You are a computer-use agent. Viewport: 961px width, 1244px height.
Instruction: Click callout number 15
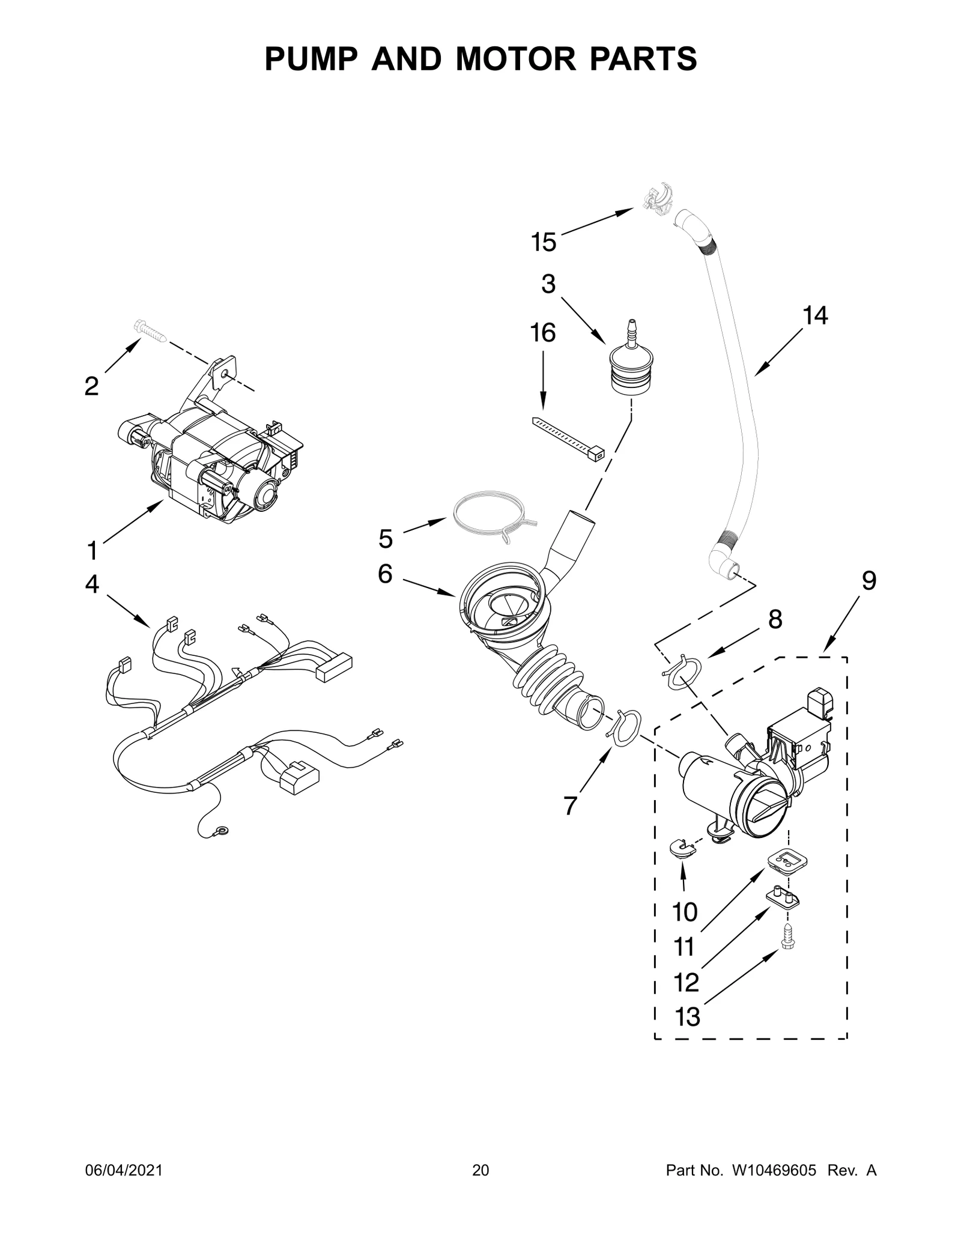click(x=543, y=242)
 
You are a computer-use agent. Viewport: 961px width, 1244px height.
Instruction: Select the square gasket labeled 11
click(x=786, y=862)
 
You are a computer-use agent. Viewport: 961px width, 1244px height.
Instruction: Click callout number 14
click(x=815, y=315)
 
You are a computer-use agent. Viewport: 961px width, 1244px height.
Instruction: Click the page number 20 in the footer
click(x=480, y=1188)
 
